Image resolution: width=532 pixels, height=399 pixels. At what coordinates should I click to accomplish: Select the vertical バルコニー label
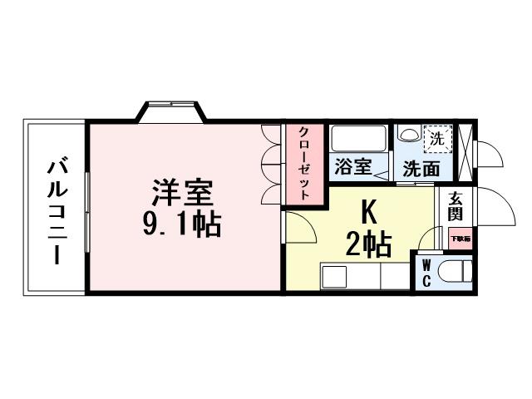coord(57,208)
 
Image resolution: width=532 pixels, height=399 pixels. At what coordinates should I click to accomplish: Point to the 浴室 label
coord(352,166)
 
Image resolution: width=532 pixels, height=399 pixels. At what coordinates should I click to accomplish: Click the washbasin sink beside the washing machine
coord(409,135)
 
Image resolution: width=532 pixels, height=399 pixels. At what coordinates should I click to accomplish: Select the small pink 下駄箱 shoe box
coord(461,239)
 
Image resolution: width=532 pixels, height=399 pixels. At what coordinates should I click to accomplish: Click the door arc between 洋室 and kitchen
coord(297,228)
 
